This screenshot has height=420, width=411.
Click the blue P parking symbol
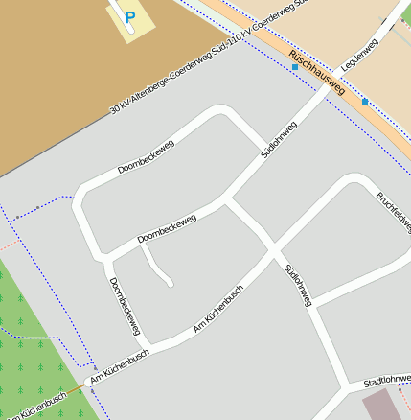(x=130, y=16)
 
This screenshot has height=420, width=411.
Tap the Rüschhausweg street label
(x=316, y=74)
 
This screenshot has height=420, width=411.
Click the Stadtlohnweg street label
(x=388, y=382)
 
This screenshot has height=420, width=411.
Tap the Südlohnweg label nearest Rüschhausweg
(x=279, y=139)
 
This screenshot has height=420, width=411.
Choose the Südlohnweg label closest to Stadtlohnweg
(x=298, y=285)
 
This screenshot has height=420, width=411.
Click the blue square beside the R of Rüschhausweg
(x=295, y=68)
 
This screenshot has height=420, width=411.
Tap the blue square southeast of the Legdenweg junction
(x=365, y=101)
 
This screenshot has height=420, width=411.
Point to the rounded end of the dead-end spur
(x=169, y=284)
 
